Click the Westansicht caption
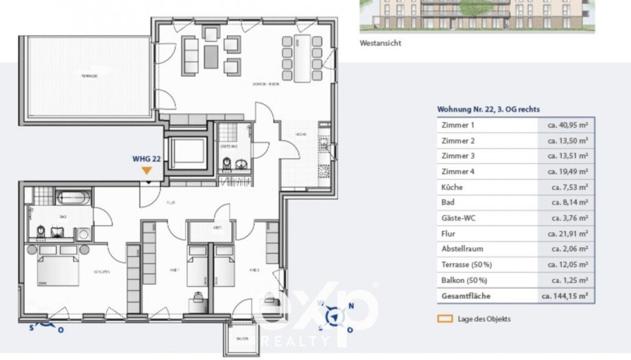pyautogui.click(x=380, y=43)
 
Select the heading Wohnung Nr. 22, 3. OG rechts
pyautogui.click(x=488, y=109)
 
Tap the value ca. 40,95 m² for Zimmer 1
pyautogui.click(x=567, y=125)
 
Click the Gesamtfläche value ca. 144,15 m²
pyautogui.click(x=565, y=296)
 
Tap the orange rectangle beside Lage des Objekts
pyautogui.click(x=446, y=319)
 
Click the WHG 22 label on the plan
pyautogui.click(x=147, y=158)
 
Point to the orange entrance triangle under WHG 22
pyautogui.click(x=147, y=170)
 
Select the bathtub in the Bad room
pyautogui.click(x=71, y=198)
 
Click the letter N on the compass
pyautogui.click(x=351, y=307)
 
